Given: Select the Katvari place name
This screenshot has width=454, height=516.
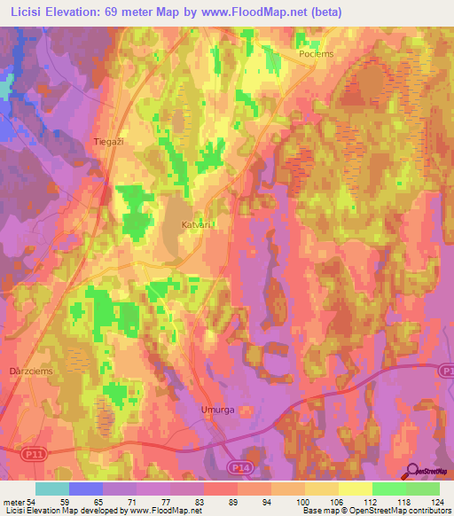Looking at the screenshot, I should tap(196, 224).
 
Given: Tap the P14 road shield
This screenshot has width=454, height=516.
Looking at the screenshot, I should tap(239, 466).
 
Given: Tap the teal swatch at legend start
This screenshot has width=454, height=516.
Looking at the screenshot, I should tap(51, 489).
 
